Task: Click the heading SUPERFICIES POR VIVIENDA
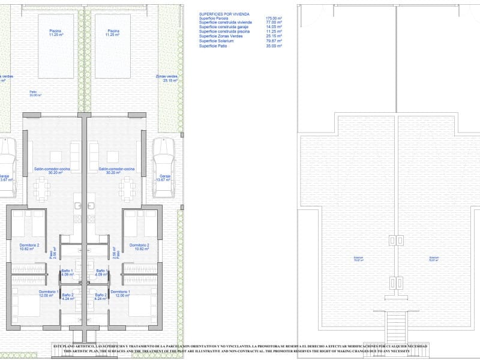tap(224, 14)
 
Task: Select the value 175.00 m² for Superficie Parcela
tap(274, 19)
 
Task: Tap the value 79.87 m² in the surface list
tap(274, 41)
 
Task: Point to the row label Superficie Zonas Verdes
tap(220, 37)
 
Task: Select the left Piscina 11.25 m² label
tap(56, 32)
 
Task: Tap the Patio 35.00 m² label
tap(35, 93)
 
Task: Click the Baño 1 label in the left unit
tap(67, 272)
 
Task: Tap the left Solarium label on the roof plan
tap(358, 259)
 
